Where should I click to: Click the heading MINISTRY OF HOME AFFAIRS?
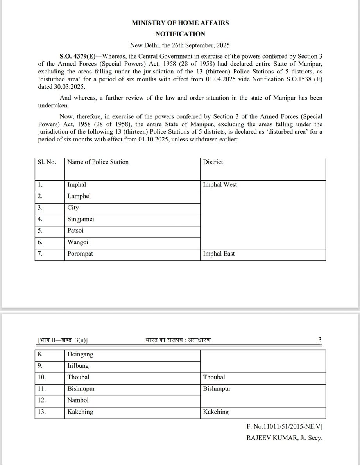click(x=180, y=23)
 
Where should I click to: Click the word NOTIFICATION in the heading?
click(x=180, y=34)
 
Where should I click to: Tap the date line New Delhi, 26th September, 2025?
click(x=180, y=45)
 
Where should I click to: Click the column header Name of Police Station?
click(x=98, y=162)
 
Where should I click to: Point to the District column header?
click(x=213, y=162)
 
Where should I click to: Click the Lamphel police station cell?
click(x=79, y=196)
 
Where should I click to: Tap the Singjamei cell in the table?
click(x=81, y=219)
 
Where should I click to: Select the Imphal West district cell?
click(x=220, y=185)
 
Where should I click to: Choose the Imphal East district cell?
click(x=219, y=254)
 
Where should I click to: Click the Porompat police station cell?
click(x=80, y=254)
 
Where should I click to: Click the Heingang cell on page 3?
click(x=80, y=354)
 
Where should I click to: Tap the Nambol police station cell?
click(x=78, y=400)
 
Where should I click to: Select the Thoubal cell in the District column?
click(x=214, y=377)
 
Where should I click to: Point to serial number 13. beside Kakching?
click(x=42, y=412)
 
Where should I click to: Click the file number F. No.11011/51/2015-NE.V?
click(x=283, y=427)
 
